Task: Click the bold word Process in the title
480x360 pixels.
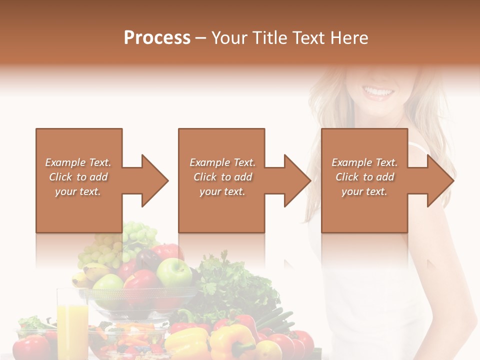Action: [157, 38]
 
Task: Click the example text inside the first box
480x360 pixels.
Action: [78, 177]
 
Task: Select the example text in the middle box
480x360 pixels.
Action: [222, 177]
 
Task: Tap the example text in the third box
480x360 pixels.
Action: [364, 177]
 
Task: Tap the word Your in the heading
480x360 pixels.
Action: [228, 38]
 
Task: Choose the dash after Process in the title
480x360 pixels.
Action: [200, 38]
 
